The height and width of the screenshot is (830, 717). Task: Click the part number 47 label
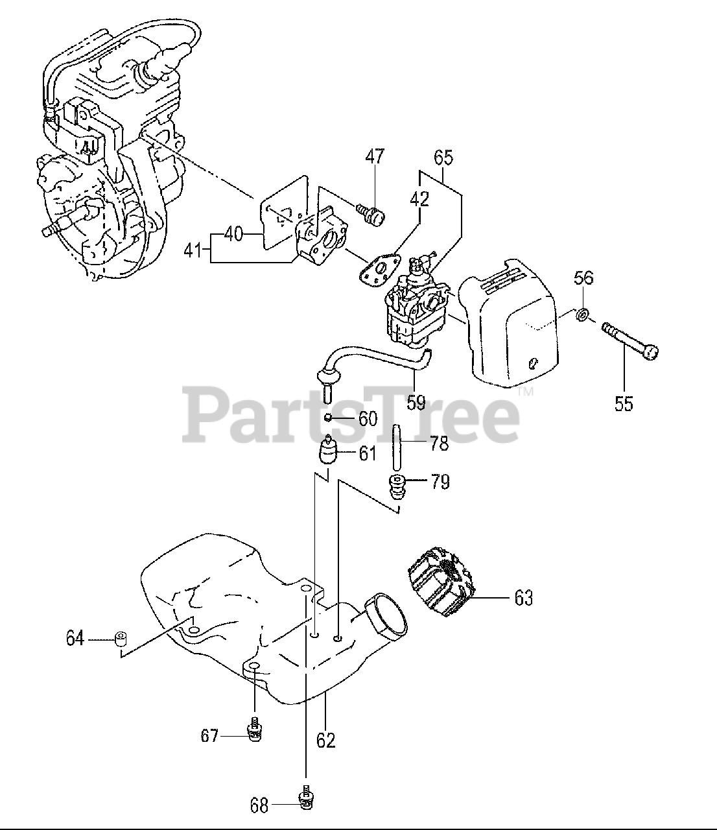pos(375,158)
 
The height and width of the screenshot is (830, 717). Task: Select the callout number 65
pos(443,158)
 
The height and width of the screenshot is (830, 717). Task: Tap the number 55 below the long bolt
pos(624,403)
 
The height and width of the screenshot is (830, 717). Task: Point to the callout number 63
pos(523,597)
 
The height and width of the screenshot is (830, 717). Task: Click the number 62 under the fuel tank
pos(326,739)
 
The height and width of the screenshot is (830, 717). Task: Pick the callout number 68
pos(259,806)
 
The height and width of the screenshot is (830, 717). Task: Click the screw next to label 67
pos(255,729)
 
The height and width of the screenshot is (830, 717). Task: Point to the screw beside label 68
pos(305,798)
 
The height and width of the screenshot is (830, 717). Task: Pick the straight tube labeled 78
pos(394,447)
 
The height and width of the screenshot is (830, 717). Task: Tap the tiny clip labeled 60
pos(329,417)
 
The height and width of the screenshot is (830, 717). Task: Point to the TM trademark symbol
pos(525,392)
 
